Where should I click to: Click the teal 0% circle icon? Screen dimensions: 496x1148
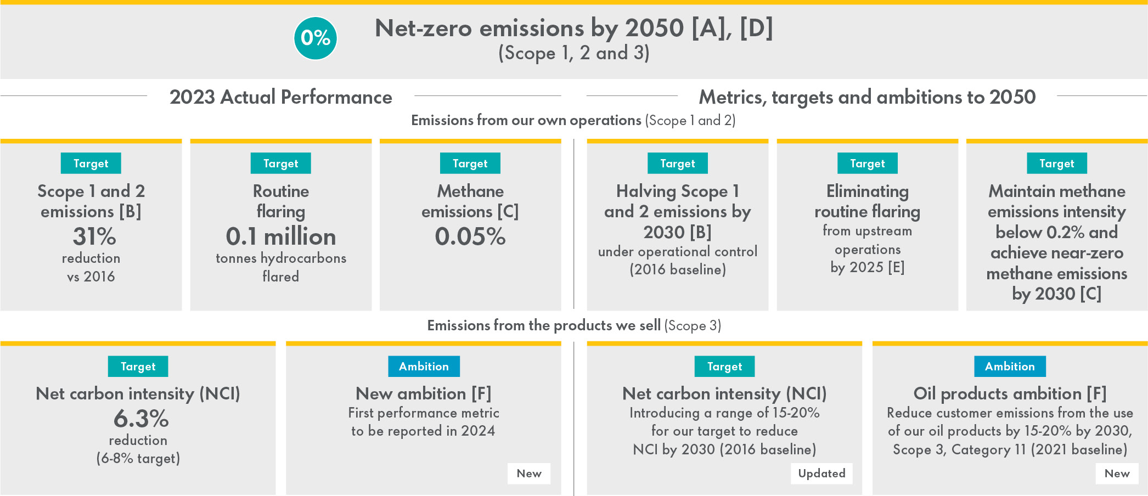pos(316,38)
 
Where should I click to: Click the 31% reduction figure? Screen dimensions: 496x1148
pos(94,236)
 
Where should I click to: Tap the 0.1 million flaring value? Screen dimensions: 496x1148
pos(280,236)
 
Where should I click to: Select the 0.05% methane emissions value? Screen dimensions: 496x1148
pos(470,236)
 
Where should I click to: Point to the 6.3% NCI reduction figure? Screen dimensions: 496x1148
pos(141,419)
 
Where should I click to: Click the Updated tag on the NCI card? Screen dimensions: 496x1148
pos(821,474)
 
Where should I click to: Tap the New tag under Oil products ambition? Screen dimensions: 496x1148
pos(1117,474)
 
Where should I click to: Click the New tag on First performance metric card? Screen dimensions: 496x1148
pos(529,474)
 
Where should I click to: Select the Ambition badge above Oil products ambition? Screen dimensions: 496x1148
pos(1010,367)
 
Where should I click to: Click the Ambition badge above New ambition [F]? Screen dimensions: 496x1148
pos(424,367)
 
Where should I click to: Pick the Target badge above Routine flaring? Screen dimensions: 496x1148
pos(280,164)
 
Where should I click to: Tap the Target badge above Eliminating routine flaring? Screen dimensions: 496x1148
pos(867,164)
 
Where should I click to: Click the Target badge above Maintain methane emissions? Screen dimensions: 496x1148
pos(1056,164)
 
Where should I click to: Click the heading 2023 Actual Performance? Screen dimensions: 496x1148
pos(280,97)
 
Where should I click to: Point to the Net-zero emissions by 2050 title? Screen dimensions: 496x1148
pos(573,28)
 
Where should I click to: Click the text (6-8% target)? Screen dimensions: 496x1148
pos(138,458)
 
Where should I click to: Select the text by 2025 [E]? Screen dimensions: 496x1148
pos(867,267)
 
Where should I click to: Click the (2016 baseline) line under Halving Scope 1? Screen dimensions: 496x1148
pos(678,269)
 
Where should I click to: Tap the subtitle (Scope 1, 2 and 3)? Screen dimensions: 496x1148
pos(573,53)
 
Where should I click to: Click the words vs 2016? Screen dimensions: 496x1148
pos(91,277)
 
